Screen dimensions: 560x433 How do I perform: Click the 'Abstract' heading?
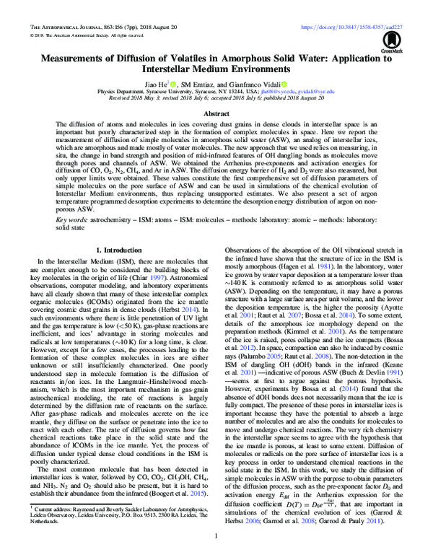216,113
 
